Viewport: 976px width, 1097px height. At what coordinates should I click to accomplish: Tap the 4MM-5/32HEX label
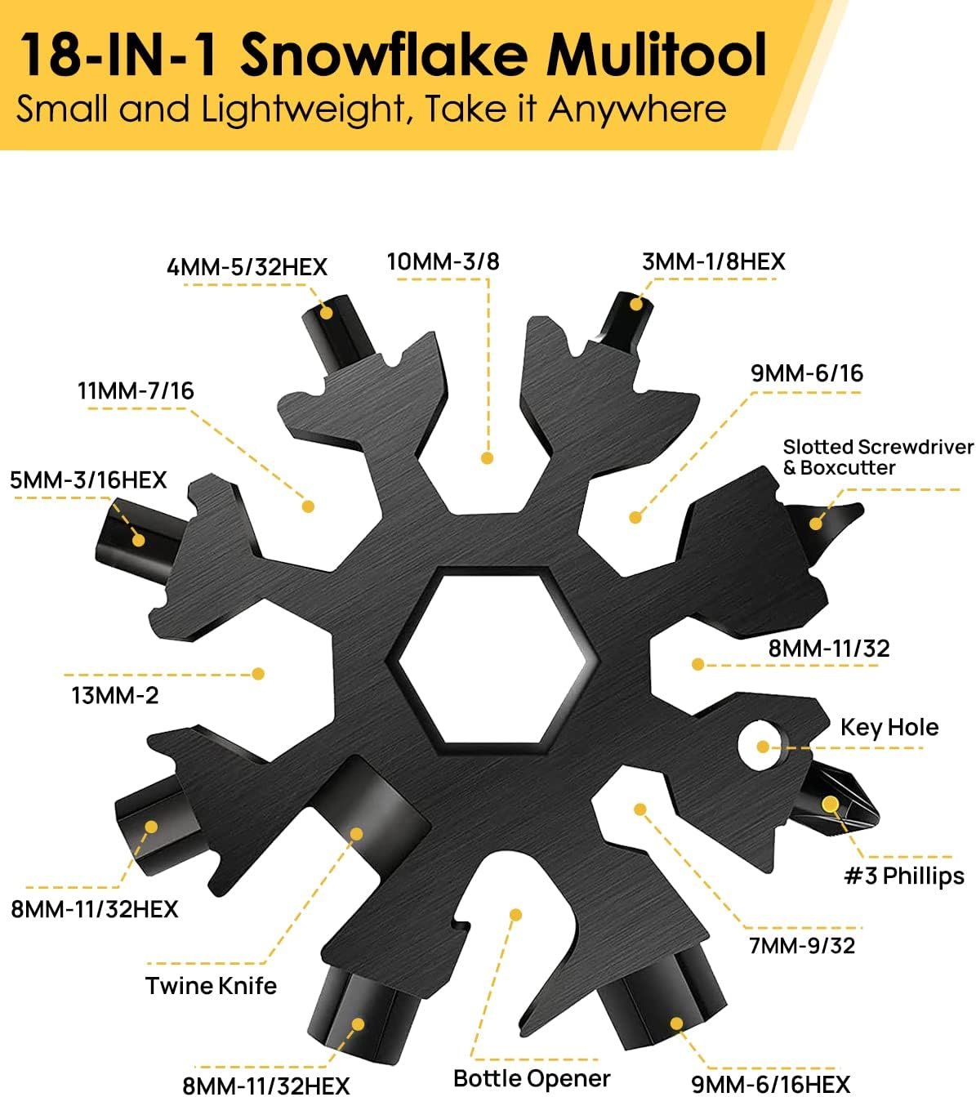[247, 267]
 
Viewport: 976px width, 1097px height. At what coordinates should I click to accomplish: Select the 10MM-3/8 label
[443, 261]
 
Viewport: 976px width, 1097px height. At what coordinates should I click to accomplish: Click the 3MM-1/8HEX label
[713, 262]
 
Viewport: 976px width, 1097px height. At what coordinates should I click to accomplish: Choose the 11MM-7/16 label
[136, 391]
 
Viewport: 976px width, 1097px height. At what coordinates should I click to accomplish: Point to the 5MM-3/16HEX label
[88, 480]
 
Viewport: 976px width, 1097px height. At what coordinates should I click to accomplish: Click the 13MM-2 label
[115, 696]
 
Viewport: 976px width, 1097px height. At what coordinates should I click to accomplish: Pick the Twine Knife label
[211, 986]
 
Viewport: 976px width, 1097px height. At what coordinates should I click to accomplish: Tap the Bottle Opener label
[531, 1079]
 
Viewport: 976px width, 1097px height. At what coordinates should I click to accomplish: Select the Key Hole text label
[889, 728]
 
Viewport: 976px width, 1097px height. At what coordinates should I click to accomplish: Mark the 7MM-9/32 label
[801, 946]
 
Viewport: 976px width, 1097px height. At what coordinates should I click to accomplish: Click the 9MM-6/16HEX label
[770, 1085]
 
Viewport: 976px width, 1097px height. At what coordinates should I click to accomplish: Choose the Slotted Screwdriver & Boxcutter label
[877, 457]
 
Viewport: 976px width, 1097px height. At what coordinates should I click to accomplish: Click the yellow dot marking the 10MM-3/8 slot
[487, 458]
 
